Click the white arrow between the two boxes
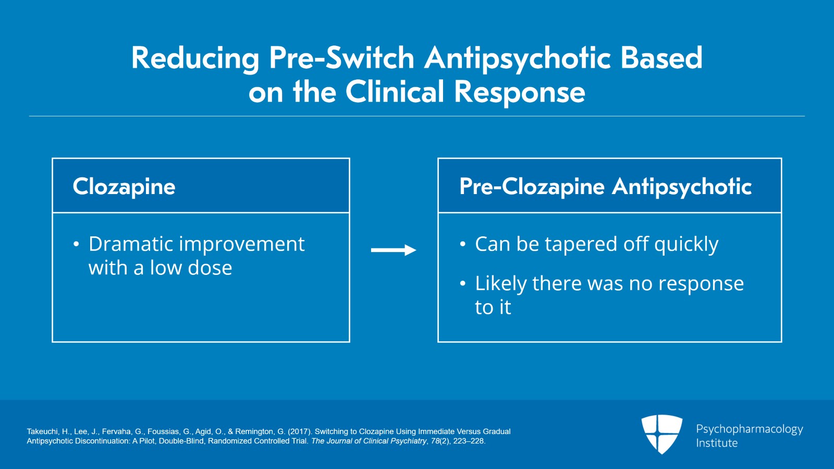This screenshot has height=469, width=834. (394, 250)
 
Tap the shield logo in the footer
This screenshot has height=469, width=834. (661, 434)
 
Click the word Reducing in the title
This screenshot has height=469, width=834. (195, 59)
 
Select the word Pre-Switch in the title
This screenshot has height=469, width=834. (341, 58)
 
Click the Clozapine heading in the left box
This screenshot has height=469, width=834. (124, 187)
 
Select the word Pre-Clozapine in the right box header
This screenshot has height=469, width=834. (532, 187)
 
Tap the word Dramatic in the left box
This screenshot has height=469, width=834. (131, 244)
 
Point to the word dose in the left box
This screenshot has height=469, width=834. (210, 268)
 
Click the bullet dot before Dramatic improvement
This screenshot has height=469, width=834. (76, 244)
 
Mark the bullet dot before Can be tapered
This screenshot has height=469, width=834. (463, 244)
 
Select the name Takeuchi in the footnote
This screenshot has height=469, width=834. (43, 431)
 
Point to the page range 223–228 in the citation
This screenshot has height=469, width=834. (468, 441)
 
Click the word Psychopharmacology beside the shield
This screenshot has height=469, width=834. (750, 429)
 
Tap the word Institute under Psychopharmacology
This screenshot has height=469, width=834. (717, 443)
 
